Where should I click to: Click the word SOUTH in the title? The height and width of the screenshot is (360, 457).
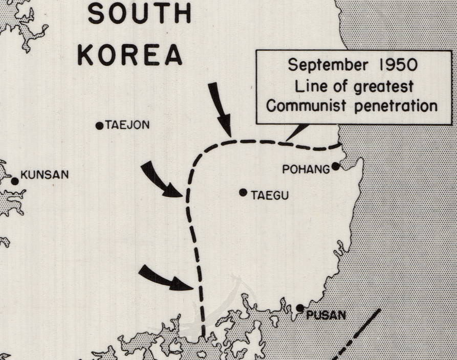139,13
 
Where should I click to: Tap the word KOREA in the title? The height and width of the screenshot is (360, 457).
130,54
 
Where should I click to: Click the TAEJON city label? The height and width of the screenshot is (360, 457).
127,125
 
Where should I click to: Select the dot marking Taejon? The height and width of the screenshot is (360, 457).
99,126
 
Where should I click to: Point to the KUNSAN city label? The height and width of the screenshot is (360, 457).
45,175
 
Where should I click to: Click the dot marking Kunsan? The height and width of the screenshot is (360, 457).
15,181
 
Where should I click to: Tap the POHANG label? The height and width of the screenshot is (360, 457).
306,169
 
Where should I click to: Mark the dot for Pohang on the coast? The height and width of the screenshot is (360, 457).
335,166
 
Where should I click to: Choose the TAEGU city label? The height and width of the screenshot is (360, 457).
270,195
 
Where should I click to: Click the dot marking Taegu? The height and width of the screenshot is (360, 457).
243,193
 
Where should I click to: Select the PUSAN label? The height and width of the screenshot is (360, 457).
326,315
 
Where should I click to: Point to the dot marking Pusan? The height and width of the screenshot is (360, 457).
300,308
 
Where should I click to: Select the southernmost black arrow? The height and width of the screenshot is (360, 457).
165,278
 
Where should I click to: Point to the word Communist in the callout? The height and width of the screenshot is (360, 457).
311,106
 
